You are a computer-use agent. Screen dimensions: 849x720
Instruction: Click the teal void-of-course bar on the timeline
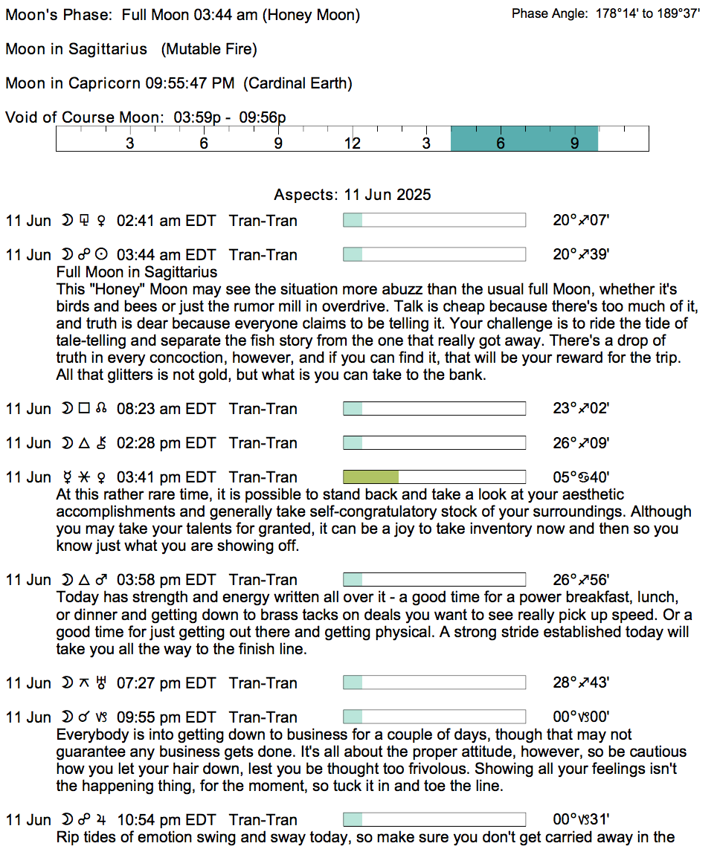(524, 139)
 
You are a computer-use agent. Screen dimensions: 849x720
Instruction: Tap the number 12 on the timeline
(352, 143)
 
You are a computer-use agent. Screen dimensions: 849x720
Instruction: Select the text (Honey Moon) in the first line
(315, 15)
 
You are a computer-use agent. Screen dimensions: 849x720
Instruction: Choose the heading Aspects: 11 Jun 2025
(353, 195)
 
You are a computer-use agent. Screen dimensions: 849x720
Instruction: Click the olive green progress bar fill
(370, 477)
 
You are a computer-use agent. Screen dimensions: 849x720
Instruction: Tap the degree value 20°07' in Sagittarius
(581, 221)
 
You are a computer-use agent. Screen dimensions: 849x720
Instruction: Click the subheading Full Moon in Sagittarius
(137, 272)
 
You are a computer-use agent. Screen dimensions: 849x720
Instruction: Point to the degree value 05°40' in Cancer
(581, 477)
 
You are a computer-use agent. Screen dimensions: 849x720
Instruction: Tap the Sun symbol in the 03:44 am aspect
(101, 255)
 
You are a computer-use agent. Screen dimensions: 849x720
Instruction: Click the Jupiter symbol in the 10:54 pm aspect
(101, 820)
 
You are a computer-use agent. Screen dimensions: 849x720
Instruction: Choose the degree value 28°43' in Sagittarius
(581, 683)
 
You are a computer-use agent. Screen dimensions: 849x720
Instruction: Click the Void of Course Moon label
(84, 117)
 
